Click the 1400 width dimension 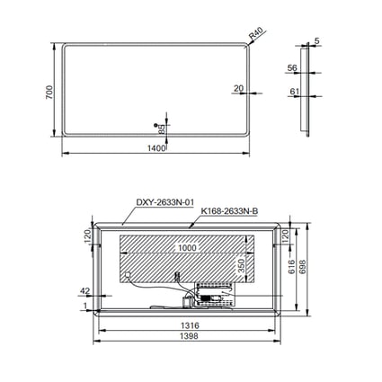pyautogui.click(x=156, y=148)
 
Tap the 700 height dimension pyautogui.click(x=49, y=93)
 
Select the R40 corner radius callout pyautogui.click(x=256, y=33)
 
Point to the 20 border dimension pyautogui.click(x=238, y=88)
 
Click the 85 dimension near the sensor pyautogui.click(x=162, y=129)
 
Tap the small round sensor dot pyautogui.click(x=155, y=125)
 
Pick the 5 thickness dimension pyautogui.click(x=317, y=40)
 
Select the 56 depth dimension pyautogui.click(x=292, y=68)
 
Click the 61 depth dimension pyautogui.click(x=295, y=92)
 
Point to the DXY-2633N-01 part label pyautogui.click(x=165, y=202)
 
